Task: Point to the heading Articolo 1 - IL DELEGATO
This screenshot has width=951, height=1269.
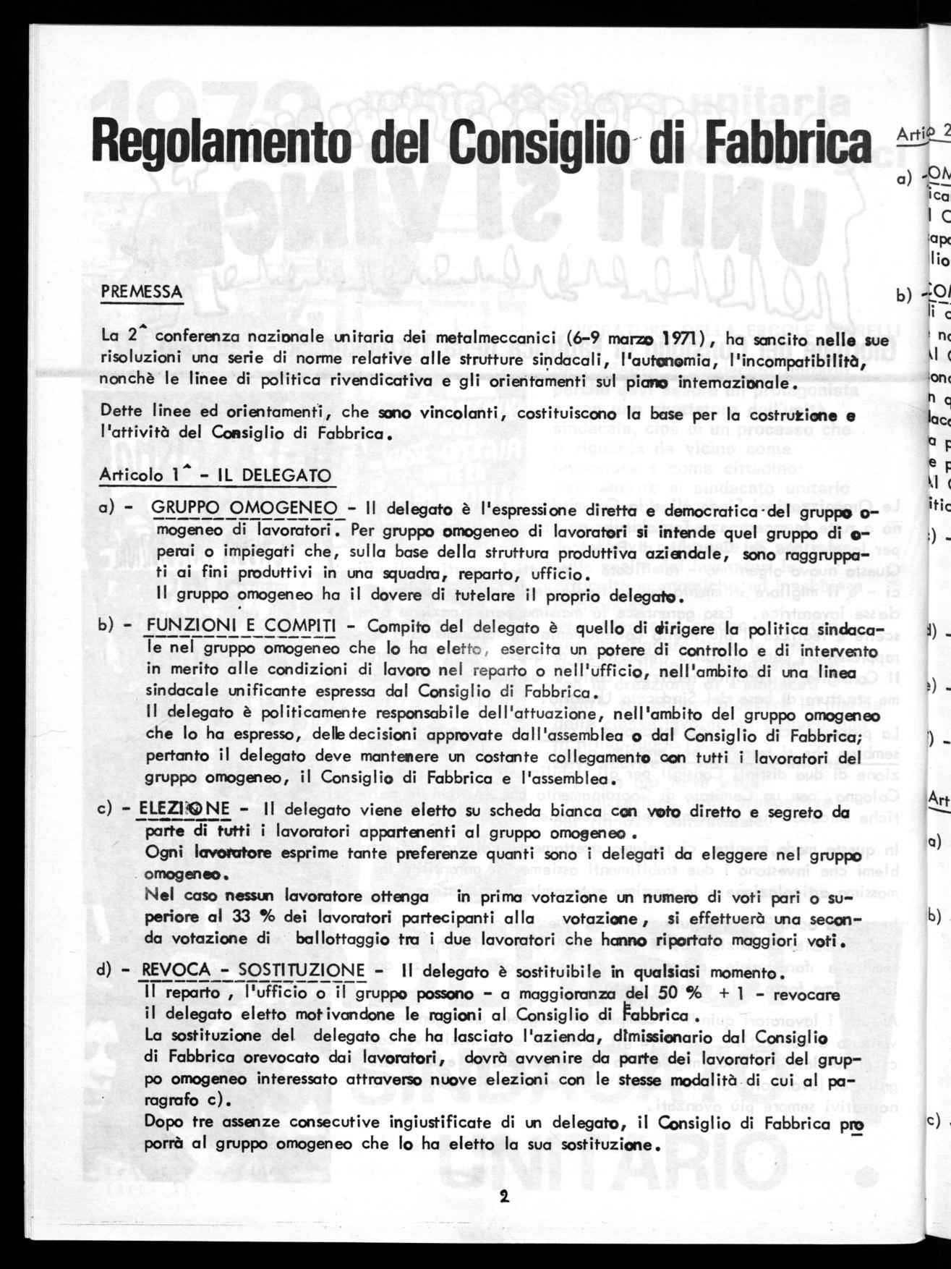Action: coord(215,475)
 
